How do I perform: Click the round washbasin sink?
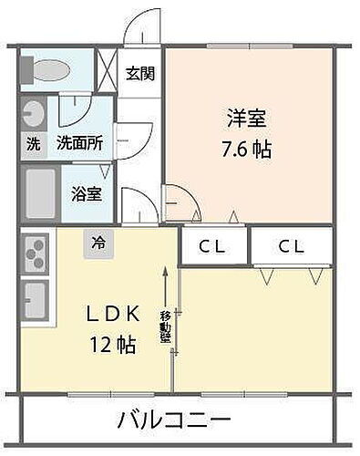[x=34, y=114]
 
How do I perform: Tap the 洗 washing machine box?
[x=33, y=144]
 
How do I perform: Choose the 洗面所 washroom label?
[x=80, y=144]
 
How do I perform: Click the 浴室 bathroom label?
[x=87, y=194]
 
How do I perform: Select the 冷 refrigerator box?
[x=98, y=244]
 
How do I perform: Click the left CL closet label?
[x=214, y=246]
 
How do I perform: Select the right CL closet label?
[x=292, y=246]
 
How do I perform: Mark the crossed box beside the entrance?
[x=108, y=70]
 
